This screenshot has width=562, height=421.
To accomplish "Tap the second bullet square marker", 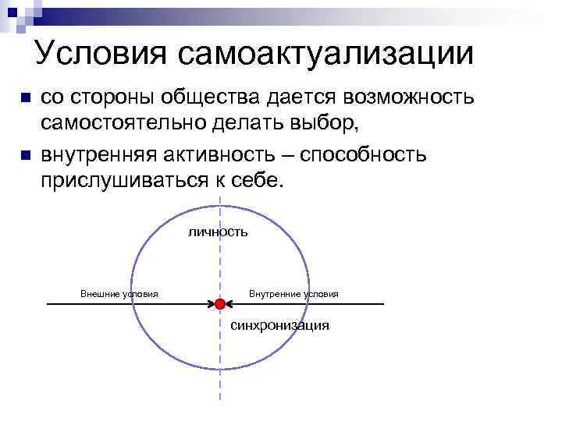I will (x=25, y=155).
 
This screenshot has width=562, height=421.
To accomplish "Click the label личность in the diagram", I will (x=218, y=232).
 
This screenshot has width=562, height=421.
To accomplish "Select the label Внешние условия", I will (x=119, y=294).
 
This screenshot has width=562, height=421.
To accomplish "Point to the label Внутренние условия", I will (x=293, y=294).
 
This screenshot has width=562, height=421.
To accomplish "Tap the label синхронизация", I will (x=279, y=325).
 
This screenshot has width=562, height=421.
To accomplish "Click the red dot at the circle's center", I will (x=220, y=303).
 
